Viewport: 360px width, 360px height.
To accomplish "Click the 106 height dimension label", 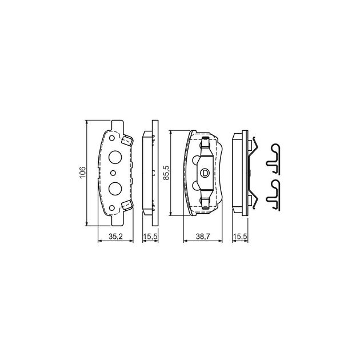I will click(82, 171).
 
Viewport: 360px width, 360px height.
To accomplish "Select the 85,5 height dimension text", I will click(166, 172).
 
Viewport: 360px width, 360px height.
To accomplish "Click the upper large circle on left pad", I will click(114, 158).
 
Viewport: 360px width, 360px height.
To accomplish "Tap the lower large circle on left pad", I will click(114, 187).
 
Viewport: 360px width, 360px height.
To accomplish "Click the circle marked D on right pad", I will click(204, 173).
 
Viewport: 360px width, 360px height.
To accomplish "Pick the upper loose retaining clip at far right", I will click(276, 157).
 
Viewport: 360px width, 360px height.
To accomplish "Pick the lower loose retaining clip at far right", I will click(276, 192).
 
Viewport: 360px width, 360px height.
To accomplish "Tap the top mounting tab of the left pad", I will click(117, 125).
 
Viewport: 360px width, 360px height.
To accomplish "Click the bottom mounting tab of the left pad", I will click(117, 219).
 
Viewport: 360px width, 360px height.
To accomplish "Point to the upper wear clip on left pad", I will click(127, 139).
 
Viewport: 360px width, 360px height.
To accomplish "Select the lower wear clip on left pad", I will click(127, 205).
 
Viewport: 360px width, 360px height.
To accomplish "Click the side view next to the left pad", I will click(150, 173).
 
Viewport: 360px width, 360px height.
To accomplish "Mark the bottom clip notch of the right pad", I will click(204, 198).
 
